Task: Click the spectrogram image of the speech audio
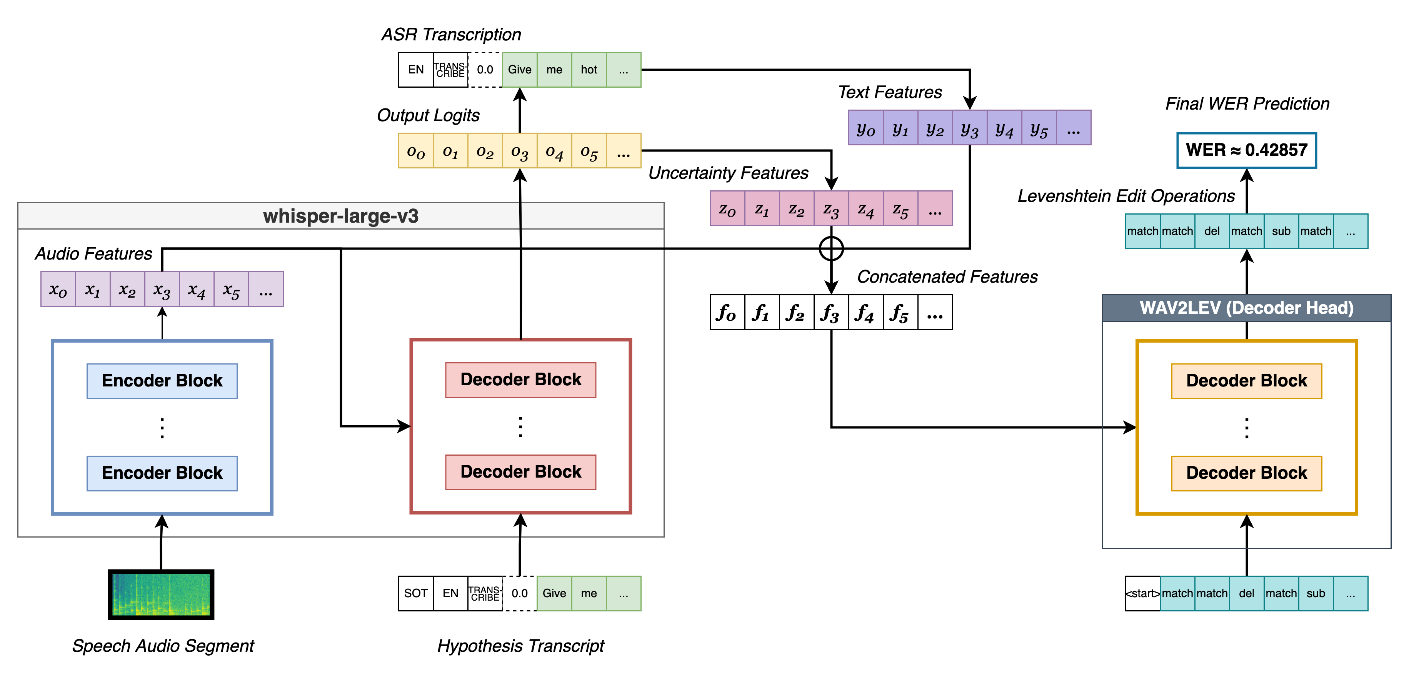[x=161, y=594]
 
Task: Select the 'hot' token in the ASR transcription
[x=589, y=70]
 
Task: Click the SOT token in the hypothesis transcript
[x=416, y=593]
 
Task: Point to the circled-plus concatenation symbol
[x=831, y=249]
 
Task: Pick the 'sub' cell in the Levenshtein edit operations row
[x=1281, y=231]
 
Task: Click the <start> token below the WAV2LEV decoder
[x=1142, y=593]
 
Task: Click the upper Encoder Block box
[x=162, y=380]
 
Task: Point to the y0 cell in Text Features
[x=865, y=128]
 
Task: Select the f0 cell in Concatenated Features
[x=727, y=312]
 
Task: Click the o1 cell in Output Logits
[x=450, y=150]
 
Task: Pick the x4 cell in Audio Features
[x=196, y=289]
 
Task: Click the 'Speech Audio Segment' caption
[x=163, y=646]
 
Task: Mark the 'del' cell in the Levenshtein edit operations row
[x=1212, y=231]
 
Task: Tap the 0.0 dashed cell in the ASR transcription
[x=485, y=70]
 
